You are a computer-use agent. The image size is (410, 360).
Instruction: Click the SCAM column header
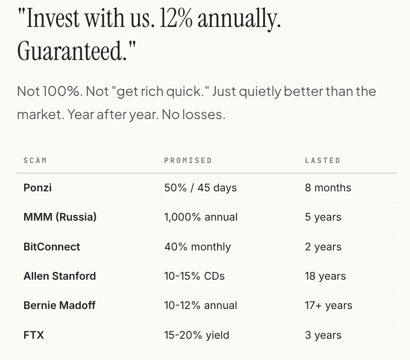35,160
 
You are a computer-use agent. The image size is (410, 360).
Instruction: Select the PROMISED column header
188,160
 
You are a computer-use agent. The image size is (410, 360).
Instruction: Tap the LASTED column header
323,160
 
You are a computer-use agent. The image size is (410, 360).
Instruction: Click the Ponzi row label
37,188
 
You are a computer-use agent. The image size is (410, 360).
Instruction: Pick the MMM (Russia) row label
60,217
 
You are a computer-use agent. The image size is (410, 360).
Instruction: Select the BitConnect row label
52,247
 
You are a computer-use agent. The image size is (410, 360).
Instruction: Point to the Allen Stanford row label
60,276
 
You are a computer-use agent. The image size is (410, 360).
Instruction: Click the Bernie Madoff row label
60,305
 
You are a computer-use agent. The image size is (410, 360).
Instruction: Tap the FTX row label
34,335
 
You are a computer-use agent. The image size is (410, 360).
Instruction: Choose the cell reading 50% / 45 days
200,188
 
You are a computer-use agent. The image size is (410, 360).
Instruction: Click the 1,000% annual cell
201,217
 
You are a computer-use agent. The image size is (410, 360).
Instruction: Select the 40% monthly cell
197,247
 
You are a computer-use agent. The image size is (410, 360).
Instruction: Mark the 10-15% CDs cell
194,276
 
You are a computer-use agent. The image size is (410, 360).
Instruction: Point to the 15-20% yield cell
196,335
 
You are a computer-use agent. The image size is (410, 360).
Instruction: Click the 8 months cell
328,188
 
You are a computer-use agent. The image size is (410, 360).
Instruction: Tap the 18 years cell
325,276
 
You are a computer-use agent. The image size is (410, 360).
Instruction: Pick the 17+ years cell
328,305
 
